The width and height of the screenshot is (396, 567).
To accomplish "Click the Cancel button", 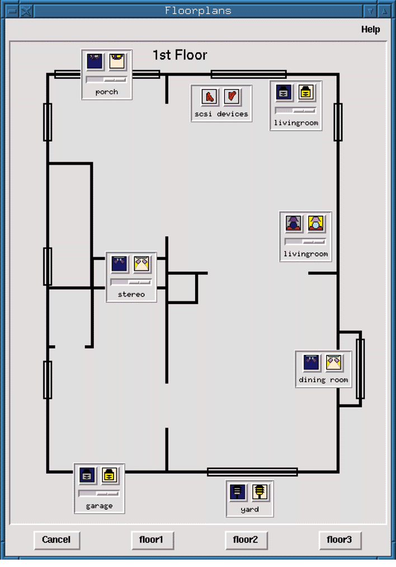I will click(x=56, y=540).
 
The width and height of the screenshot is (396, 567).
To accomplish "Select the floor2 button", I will click(x=245, y=540).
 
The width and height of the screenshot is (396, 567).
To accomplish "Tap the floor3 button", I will click(x=340, y=540).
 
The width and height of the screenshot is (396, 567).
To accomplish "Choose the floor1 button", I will click(x=151, y=540).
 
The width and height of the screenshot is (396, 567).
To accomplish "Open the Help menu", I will click(x=370, y=30).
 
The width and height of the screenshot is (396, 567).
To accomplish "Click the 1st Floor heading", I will click(x=180, y=55).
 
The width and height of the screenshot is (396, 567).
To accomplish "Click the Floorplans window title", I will click(x=198, y=11).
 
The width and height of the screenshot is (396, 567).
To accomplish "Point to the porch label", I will click(x=106, y=92).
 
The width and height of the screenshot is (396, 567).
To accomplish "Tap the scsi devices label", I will click(x=221, y=114).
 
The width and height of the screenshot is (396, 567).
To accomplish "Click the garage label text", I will click(x=99, y=506).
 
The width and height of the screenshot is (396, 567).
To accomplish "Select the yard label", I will click(x=249, y=510).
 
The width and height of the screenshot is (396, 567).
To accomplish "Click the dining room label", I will click(x=323, y=380).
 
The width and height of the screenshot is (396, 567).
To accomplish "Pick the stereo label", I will click(x=131, y=294).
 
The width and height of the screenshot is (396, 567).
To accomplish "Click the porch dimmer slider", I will click(x=106, y=80).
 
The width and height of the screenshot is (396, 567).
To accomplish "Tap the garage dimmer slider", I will click(x=99, y=494).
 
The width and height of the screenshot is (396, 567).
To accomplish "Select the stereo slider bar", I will click(x=131, y=282).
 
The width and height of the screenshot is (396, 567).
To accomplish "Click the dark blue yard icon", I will click(x=238, y=493).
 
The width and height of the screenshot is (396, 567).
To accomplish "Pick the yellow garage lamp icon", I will click(x=110, y=476).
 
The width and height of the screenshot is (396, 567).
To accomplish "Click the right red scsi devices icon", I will click(x=232, y=96).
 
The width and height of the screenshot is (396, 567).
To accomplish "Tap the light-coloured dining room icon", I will click(x=334, y=363).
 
